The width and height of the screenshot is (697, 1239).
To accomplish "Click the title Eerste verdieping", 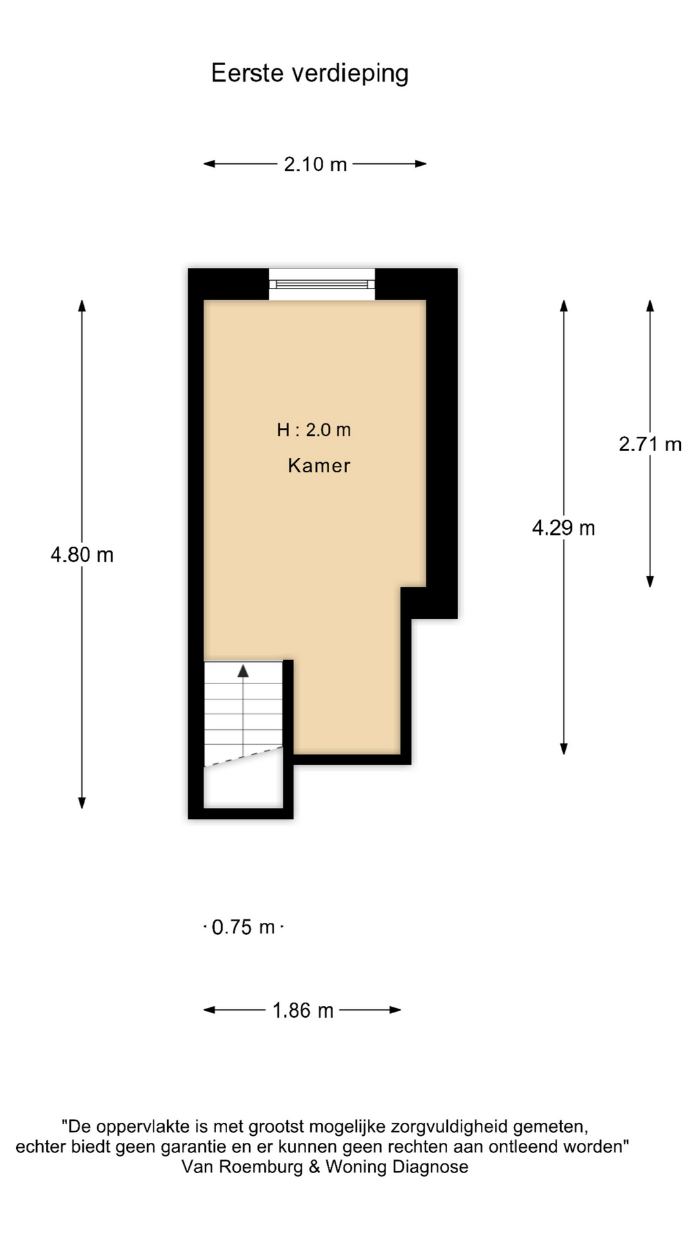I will point(310,73).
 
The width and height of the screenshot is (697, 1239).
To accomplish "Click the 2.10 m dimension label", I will point(315,165).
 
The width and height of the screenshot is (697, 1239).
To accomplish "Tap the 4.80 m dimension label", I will point(82,555).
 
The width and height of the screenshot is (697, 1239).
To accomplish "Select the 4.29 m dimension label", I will point(563,529).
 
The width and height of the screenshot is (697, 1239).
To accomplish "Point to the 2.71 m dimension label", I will point(649,444).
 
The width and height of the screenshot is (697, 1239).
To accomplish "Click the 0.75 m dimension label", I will point(243,927).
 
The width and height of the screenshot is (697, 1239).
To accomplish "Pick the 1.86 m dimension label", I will point(303,1011).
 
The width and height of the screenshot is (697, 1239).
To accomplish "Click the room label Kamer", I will point(319,466).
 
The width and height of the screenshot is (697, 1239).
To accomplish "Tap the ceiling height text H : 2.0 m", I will point(314,430).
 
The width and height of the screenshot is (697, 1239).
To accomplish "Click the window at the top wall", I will point(321,284).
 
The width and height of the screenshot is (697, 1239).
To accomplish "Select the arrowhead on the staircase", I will point(243,671).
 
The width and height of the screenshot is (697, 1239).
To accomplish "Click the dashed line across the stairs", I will point(244,756).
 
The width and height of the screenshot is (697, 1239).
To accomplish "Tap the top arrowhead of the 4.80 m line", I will point(82,305).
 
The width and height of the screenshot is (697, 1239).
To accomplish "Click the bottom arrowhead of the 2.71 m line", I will point(650,581).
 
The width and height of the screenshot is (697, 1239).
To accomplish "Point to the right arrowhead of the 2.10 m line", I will point(421,164).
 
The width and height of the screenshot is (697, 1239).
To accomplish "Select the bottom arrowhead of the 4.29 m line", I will point(563,749).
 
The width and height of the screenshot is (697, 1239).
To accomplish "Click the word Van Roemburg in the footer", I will point(242,1167).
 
